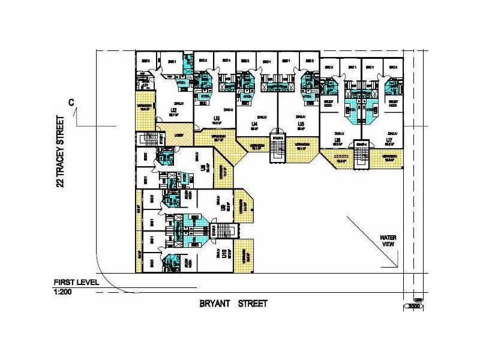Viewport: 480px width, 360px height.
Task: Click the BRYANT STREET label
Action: [233, 304]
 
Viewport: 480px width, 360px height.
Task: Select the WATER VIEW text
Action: [388, 241]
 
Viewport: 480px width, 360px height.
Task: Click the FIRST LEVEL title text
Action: [76, 283]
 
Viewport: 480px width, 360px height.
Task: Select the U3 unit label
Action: [215, 118]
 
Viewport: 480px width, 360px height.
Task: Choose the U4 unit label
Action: [254, 124]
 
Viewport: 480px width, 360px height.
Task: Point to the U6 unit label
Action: [338, 140]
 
